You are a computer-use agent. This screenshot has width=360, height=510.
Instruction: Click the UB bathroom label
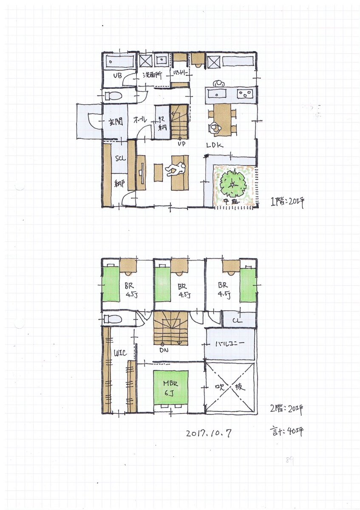pos(118,76)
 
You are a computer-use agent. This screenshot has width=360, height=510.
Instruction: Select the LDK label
pos(215,145)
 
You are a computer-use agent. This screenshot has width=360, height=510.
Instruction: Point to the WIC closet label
pos(118,353)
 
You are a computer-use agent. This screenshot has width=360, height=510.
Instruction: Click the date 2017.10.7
pos(209,434)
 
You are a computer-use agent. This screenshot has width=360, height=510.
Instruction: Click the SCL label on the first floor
pos(120,158)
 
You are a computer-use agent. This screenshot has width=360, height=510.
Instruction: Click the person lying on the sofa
pos(175,169)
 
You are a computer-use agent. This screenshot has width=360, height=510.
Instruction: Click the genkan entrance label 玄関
pos(116,122)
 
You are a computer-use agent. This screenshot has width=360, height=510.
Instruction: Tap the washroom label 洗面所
pos(152,76)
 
